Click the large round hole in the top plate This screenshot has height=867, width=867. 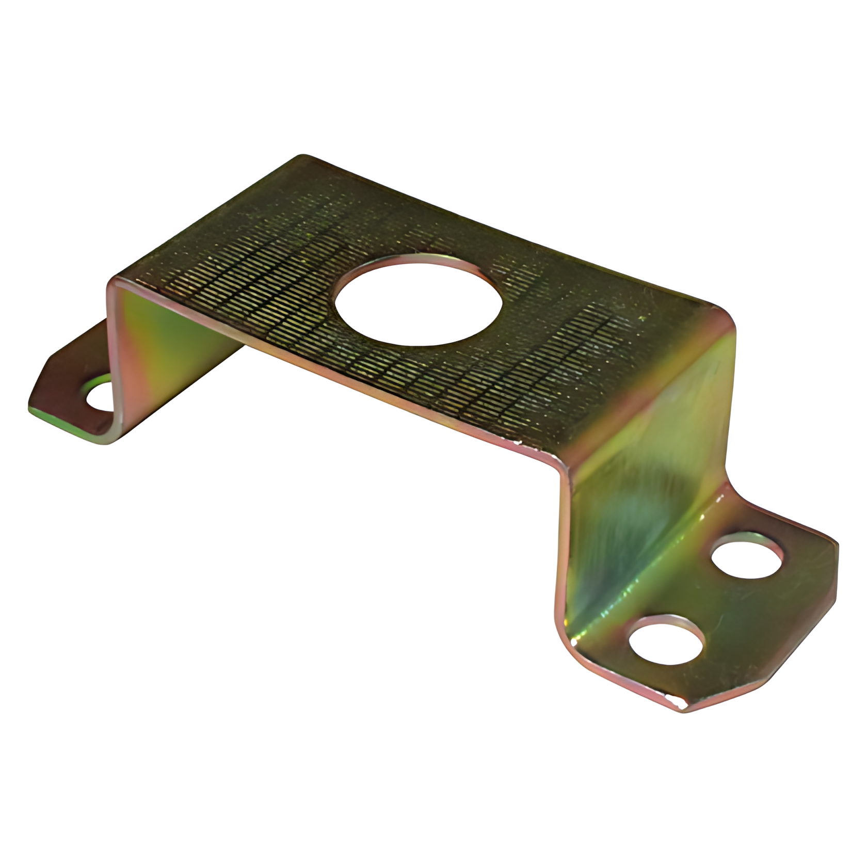click(x=418, y=300)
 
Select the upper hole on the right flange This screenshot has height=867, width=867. click(x=747, y=556)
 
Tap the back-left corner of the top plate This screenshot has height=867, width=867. click(x=304, y=158)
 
